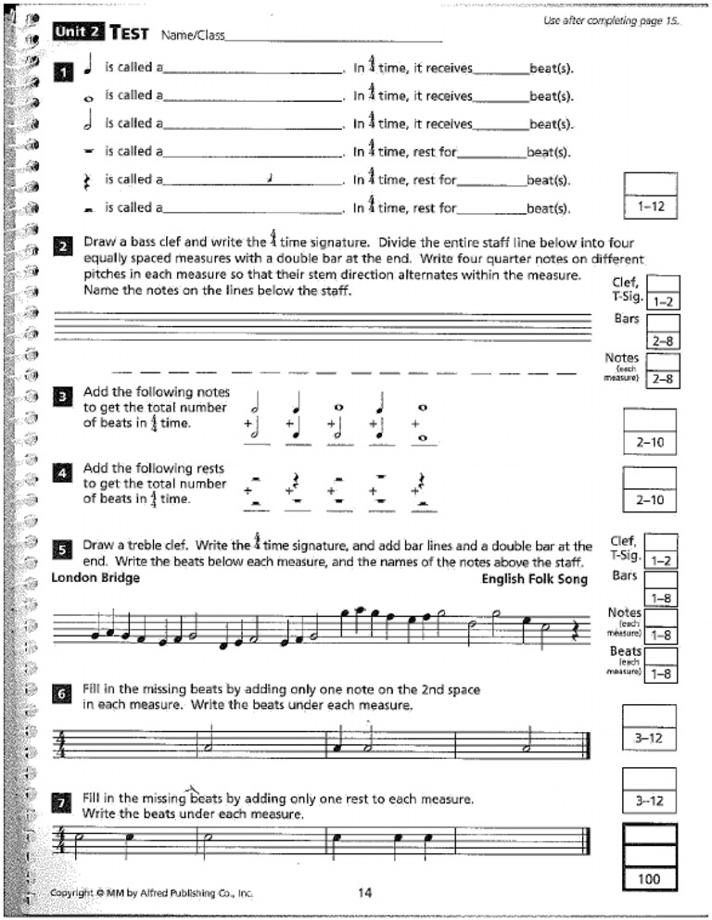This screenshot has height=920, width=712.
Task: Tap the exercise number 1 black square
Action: coord(62,72)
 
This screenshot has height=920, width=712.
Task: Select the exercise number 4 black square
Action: coord(62,473)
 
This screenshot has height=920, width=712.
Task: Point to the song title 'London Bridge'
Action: coord(95,578)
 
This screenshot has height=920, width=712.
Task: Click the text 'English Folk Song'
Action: coord(534,579)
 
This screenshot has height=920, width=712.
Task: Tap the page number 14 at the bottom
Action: coord(364,893)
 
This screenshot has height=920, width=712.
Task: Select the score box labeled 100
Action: coord(649,877)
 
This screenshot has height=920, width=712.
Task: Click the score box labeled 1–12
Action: coord(651,208)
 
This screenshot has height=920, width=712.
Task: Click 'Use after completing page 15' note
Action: coord(611,21)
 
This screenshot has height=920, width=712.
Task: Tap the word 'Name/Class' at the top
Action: coord(191,36)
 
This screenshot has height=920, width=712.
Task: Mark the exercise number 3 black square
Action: coord(62,397)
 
